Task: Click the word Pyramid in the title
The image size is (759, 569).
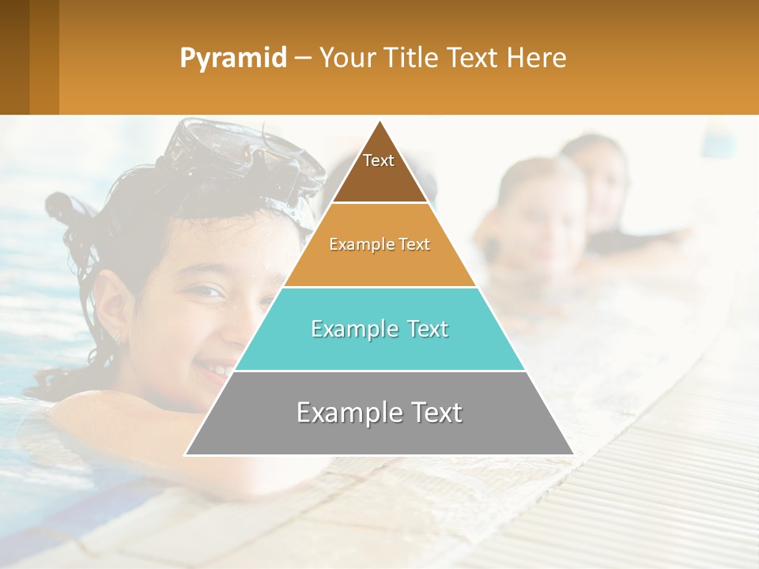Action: pos(232,58)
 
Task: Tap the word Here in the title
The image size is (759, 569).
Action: pos(536,58)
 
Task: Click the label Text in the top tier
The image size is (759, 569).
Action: pos(379,160)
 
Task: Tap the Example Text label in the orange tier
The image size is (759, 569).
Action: pos(379,244)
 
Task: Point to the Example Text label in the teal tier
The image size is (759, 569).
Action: pos(379,329)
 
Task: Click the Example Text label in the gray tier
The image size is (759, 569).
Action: pos(379,413)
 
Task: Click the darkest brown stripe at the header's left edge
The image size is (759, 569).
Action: pos(14,57)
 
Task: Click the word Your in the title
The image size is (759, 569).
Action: pos(345,58)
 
